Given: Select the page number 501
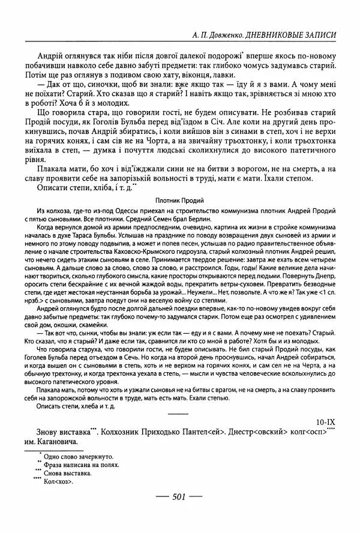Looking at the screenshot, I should pos(181,497).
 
